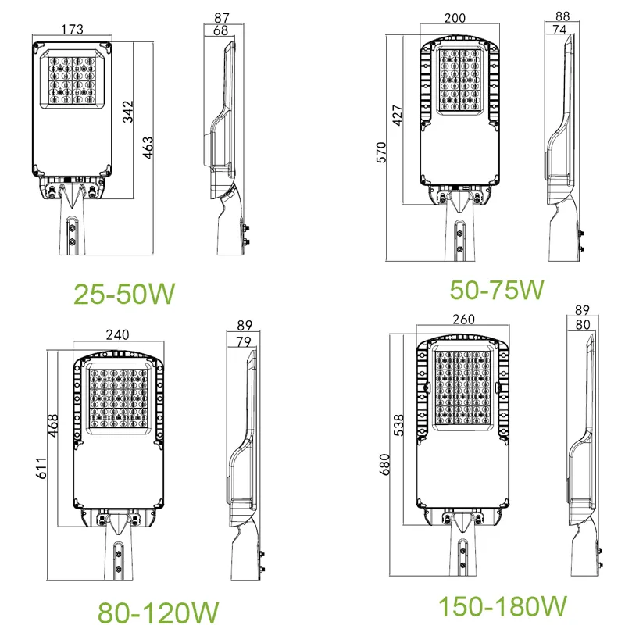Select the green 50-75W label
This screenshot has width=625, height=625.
pos(497,289)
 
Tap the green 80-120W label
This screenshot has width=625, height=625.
pos(157,610)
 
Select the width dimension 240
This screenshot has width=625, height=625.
pos(116,334)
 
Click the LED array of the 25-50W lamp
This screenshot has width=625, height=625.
pos(71,80)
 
